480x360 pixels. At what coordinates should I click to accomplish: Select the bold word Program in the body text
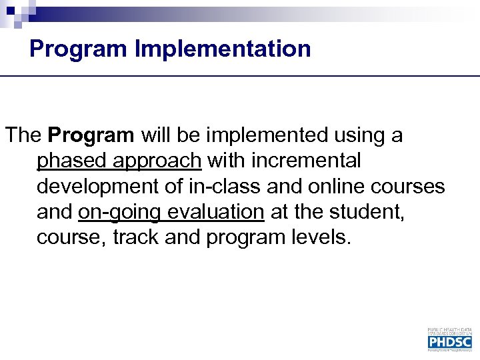(x=91, y=135)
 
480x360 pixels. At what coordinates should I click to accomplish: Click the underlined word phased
(x=73, y=161)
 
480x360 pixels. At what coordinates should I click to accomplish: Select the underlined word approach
(x=157, y=161)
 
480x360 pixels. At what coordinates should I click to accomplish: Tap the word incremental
(x=309, y=161)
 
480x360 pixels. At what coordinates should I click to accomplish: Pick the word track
(x=135, y=237)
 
